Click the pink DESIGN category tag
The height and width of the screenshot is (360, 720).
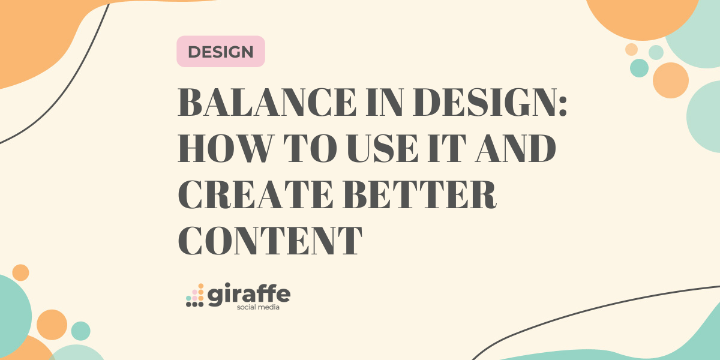coord(221,52)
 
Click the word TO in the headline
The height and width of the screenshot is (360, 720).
coord(310,148)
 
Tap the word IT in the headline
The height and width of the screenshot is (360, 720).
coord(447,148)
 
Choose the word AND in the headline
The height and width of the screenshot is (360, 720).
coord(515,148)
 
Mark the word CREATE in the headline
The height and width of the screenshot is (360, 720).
coord(256,195)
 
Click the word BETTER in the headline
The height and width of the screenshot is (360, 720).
coord(419,195)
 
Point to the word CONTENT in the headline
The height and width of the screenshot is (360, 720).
coord(270,241)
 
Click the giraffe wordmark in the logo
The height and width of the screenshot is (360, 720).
coord(249,294)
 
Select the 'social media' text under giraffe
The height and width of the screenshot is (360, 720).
coord(258,307)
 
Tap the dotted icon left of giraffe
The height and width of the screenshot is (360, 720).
coord(195,295)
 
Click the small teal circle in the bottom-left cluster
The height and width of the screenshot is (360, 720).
coord(80,331)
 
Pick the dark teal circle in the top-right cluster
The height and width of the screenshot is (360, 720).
coord(639,68)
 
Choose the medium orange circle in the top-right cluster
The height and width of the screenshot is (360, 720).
coord(671,80)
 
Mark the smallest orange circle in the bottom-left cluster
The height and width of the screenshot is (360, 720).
coord(20,272)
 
